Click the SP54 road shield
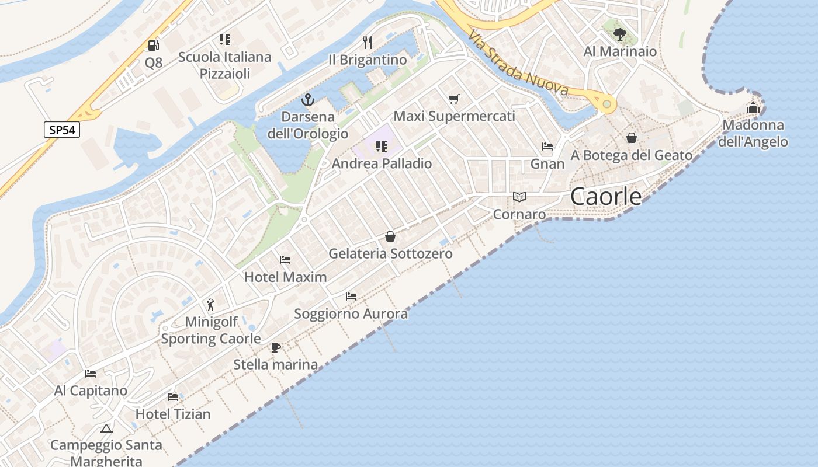tap(62, 130)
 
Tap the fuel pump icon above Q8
tap(153, 45)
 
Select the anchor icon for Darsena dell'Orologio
tap(307, 100)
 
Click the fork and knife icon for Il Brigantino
tap(368, 42)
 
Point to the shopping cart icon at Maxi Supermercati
tap(454, 99)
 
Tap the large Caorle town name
tap(605, 197)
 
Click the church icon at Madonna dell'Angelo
tap(753, 108)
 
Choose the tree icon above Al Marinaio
tap(619, 34)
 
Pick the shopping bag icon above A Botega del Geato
tap(632, 138)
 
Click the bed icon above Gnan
tap(547, 147)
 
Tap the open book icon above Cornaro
tap(519, 197)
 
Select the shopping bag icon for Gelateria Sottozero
tap(390, 236)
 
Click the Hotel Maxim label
tap(285, 277)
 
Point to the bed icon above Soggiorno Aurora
tap(351, 297)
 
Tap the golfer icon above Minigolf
tap(210, 304)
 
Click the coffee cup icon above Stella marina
tap(276, 347)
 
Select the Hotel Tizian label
tap(173, 414)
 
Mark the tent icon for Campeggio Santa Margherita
tap(106, 428)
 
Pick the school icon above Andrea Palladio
tap(382, 147)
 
